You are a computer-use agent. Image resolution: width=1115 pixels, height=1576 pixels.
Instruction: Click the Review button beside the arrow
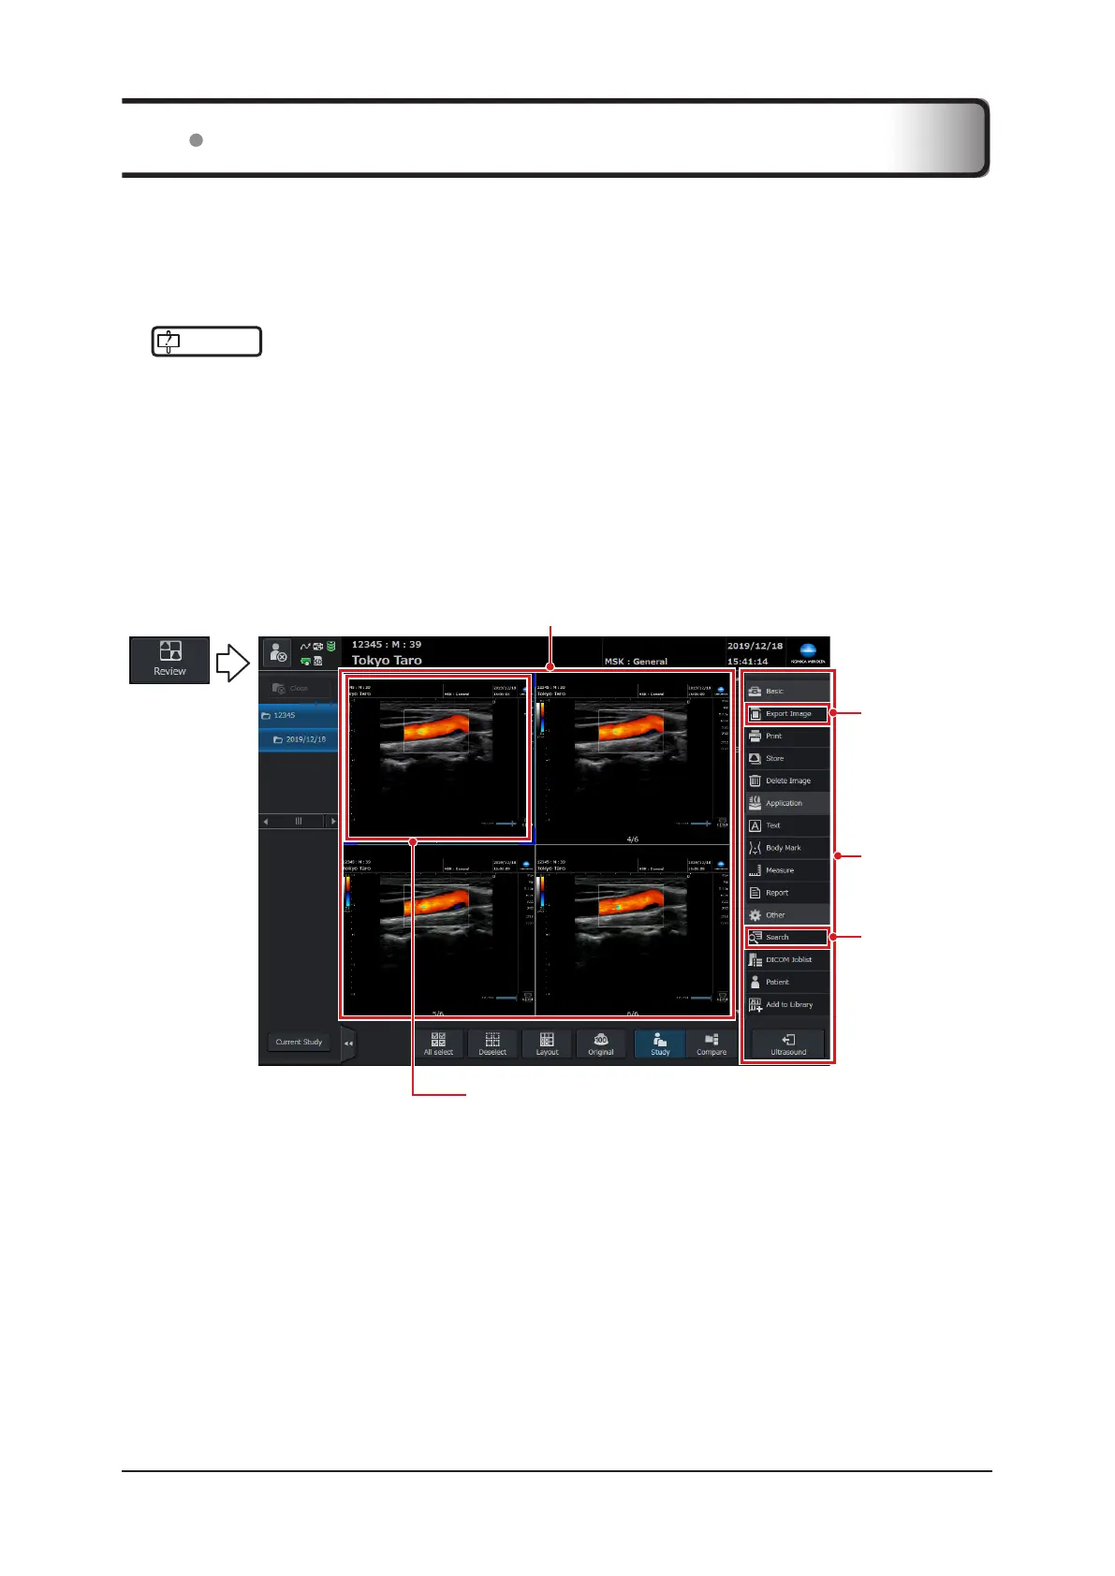pos(169,661)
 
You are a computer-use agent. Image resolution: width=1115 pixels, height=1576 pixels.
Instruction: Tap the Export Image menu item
pos(787,714)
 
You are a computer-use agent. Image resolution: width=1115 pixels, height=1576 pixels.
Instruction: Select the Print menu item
pos(787,737)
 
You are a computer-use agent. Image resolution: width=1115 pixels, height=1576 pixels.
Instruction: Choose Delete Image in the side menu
pos(787,781)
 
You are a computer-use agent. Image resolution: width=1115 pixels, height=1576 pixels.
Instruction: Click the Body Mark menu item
pos(787,848)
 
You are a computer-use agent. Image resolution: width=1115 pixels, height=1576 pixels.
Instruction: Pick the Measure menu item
pos(787,870)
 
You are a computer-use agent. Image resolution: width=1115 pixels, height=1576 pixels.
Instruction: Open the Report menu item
pos(787,893)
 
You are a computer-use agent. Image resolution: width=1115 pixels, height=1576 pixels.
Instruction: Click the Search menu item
pos(787,937)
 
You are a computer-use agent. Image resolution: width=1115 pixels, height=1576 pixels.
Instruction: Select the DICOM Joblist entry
pos(787,959)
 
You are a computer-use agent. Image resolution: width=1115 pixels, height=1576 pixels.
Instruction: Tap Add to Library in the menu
pos(787,1004)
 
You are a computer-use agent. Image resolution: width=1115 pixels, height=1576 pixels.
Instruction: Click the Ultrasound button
pos(788,1044)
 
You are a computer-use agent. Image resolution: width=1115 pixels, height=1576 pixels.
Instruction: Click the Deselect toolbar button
pos(492,1044)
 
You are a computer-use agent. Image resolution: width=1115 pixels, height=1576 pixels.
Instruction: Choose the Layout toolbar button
pos(547,1044)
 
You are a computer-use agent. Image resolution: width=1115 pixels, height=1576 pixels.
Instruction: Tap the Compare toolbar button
pos(712,1044)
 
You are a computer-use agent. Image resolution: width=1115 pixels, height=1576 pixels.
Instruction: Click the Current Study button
pos(299,1042)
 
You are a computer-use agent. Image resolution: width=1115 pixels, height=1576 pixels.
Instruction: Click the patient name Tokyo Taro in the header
pos(387,661)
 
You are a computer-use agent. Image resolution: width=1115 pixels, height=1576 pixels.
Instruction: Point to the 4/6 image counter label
pos(633,839)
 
